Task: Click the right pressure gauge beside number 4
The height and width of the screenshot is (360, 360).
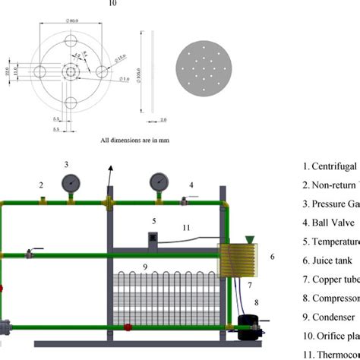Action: point(159,182)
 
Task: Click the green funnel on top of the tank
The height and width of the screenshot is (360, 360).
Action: point(250,238)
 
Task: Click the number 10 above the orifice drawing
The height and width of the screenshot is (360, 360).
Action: point(112,4)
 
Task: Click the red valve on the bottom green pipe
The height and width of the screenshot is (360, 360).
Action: point(128,328)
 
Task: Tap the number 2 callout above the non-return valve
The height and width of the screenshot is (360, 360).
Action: point(42,185)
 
